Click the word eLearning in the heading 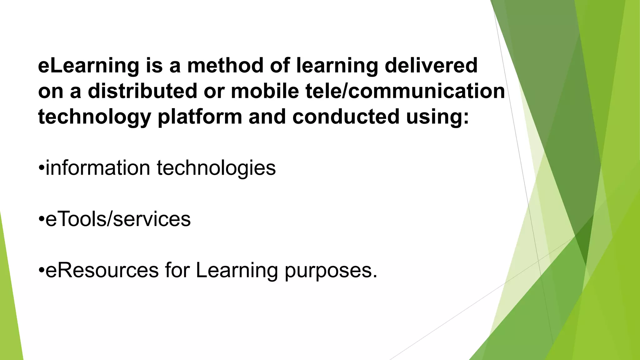point(88,66)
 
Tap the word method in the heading point(225,66)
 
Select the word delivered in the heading point(431,66)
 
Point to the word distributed point(142,92)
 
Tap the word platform point(200,117)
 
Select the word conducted point(346,117)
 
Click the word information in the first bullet point(98,168)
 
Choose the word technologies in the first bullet point(216,168)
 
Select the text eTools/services point(118,219)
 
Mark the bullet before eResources point(42,271)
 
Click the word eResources point(102,270)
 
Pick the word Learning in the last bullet point(237,270)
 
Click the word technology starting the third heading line point(94,117)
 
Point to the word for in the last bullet point(177,270)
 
